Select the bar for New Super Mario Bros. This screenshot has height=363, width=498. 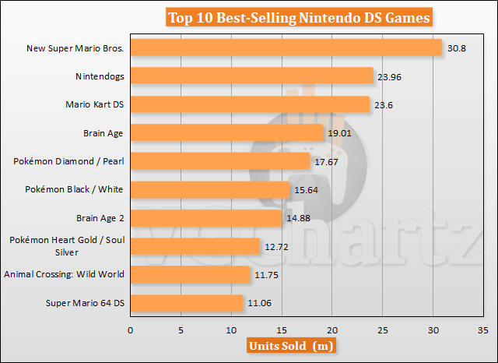[286, 48]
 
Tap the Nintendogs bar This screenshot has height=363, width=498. [251, 76]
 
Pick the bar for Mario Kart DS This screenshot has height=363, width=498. [250, 104]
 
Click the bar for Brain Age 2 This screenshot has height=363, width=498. [205, 218]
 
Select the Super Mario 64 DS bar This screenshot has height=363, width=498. [187, 302]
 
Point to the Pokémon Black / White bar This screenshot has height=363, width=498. [209, 189]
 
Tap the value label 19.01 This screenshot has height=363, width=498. [338, 133]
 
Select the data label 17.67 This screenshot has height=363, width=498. [325, 161]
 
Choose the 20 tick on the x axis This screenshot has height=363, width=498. [332, 330]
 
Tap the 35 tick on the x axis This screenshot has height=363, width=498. [484, 330]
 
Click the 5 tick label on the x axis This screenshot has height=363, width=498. [181, 330]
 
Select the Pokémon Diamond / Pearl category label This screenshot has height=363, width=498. [69, 161]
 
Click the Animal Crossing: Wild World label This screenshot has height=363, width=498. [64, 274]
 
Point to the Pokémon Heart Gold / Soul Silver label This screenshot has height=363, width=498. [68, 246]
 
